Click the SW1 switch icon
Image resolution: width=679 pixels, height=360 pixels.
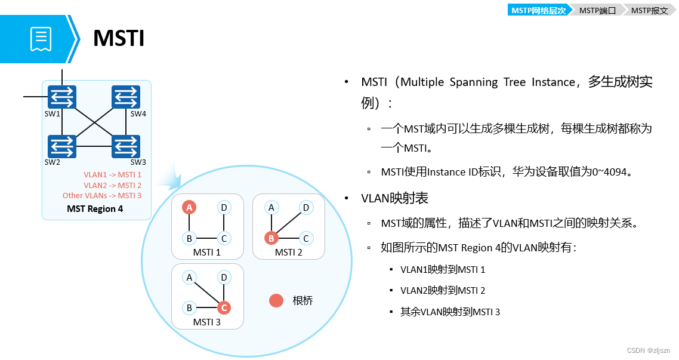(62, 97)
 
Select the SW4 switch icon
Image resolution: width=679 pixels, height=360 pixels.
(126, 97)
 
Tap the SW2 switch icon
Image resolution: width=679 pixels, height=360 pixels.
(62, 146)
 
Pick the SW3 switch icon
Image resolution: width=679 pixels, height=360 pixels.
(126, 146)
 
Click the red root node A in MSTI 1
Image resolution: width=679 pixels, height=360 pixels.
(189, 207)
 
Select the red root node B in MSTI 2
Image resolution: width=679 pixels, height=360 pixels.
(271, 238)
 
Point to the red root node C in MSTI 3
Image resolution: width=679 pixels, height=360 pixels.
(224, 308)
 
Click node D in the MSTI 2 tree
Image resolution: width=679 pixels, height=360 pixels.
(305, 207)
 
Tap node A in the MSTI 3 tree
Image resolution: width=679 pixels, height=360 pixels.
(189, 277)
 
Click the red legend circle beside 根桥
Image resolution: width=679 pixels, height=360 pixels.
(276, 301)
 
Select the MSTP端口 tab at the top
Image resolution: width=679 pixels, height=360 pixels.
(597, 10)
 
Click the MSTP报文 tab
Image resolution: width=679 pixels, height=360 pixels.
(649, 10)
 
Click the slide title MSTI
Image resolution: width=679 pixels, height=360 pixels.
(119, 39)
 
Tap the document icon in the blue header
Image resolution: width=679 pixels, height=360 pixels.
(41, 39)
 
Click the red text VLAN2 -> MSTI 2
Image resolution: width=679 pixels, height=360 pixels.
(112, 185)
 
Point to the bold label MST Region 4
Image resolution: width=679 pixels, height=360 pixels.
(95, 209)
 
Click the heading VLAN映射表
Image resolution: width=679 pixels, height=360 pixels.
(394, 198)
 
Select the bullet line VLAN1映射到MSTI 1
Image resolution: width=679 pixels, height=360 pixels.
(442, 269)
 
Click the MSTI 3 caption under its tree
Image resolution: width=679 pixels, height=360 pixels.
(207, 322)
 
